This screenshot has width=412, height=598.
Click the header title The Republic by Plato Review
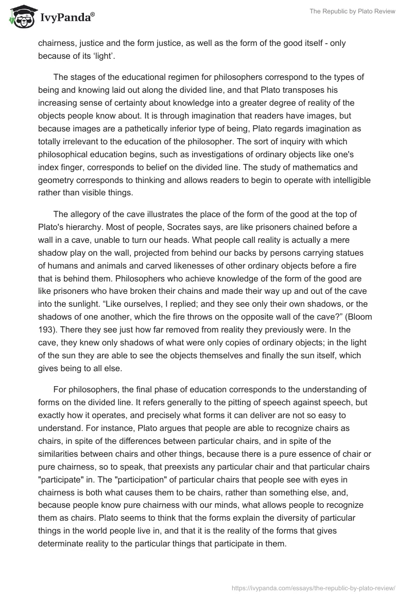click(352, 11)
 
